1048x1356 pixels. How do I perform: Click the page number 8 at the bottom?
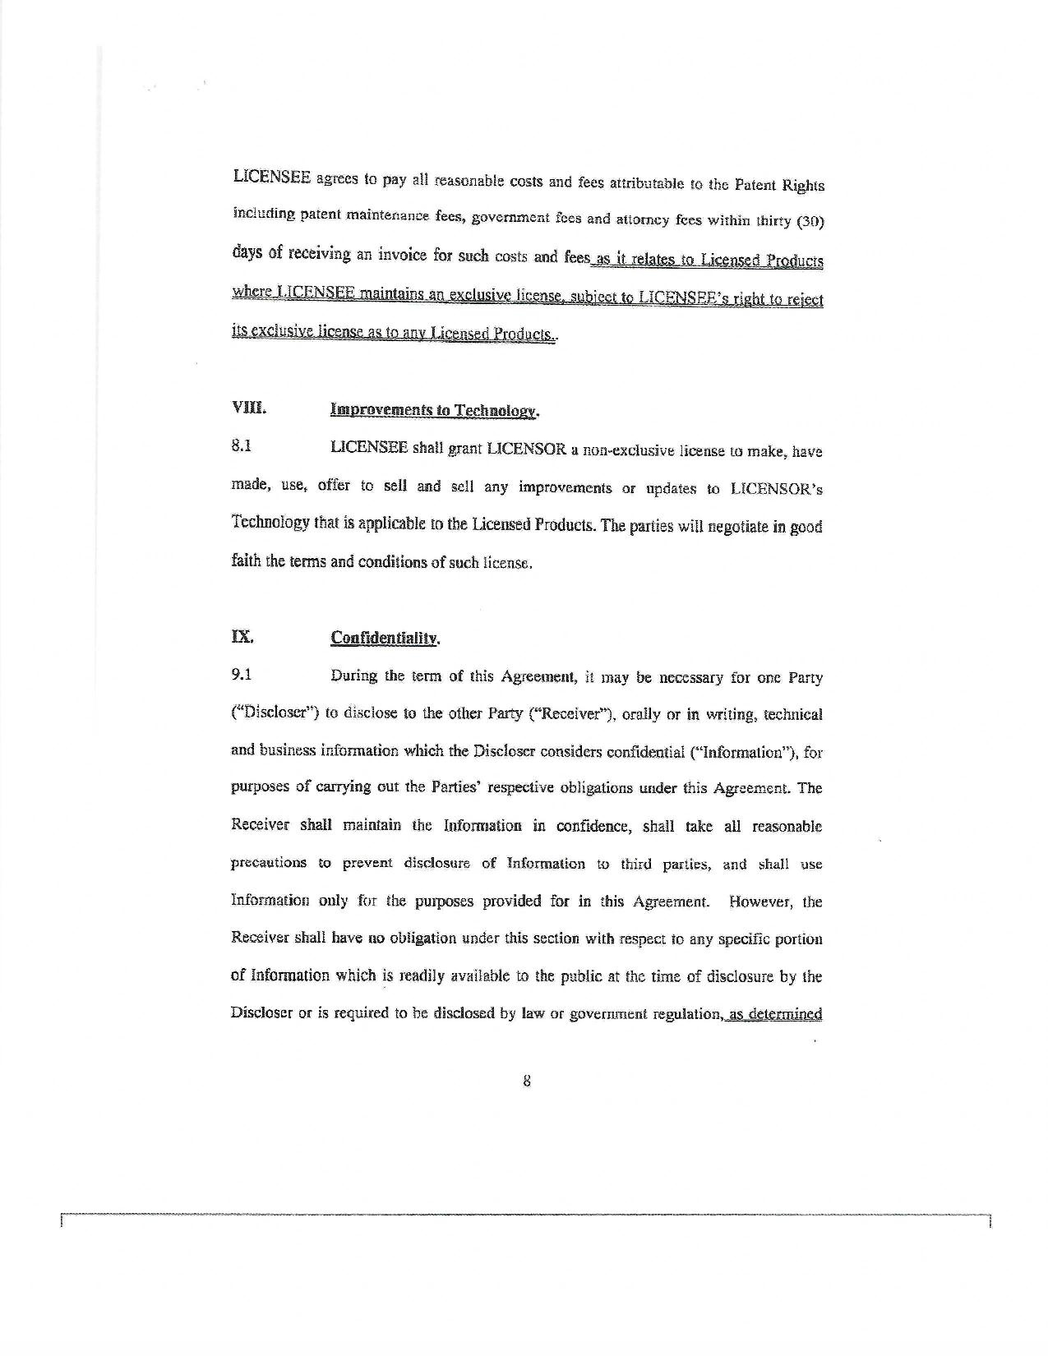526,1082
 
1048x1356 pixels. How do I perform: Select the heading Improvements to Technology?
434,410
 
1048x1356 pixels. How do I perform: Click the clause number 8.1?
241,447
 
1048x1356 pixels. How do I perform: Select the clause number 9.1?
241,675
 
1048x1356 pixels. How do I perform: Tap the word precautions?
269,863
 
